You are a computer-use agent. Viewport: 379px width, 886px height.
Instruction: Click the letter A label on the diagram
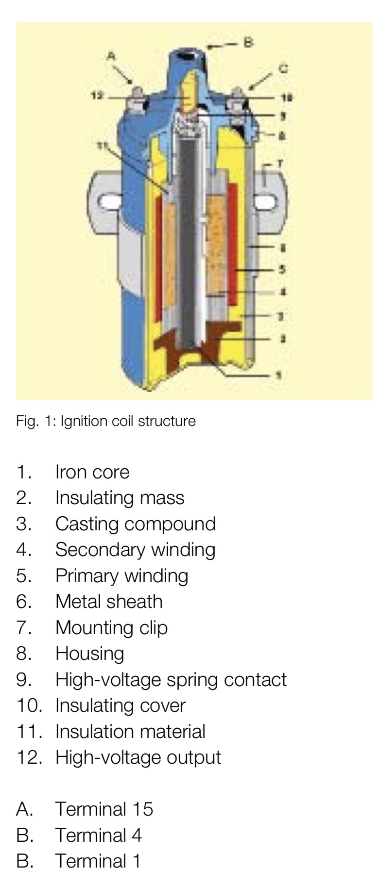111,56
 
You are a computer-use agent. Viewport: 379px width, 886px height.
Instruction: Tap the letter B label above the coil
248,43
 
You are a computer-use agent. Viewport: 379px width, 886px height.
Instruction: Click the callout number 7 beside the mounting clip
279,164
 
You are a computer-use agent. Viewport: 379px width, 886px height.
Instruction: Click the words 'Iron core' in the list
92,472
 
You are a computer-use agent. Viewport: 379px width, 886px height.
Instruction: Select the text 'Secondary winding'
135,550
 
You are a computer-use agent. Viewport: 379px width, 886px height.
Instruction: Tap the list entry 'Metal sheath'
109,602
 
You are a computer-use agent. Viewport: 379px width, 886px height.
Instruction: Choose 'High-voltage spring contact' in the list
171,680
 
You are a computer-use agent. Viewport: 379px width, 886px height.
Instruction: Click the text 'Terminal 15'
104,809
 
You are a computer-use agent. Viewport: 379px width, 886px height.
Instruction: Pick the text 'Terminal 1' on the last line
98,861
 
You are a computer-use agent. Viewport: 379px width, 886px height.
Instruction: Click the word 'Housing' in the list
90,654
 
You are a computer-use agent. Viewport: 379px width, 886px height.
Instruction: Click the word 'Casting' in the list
82,524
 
